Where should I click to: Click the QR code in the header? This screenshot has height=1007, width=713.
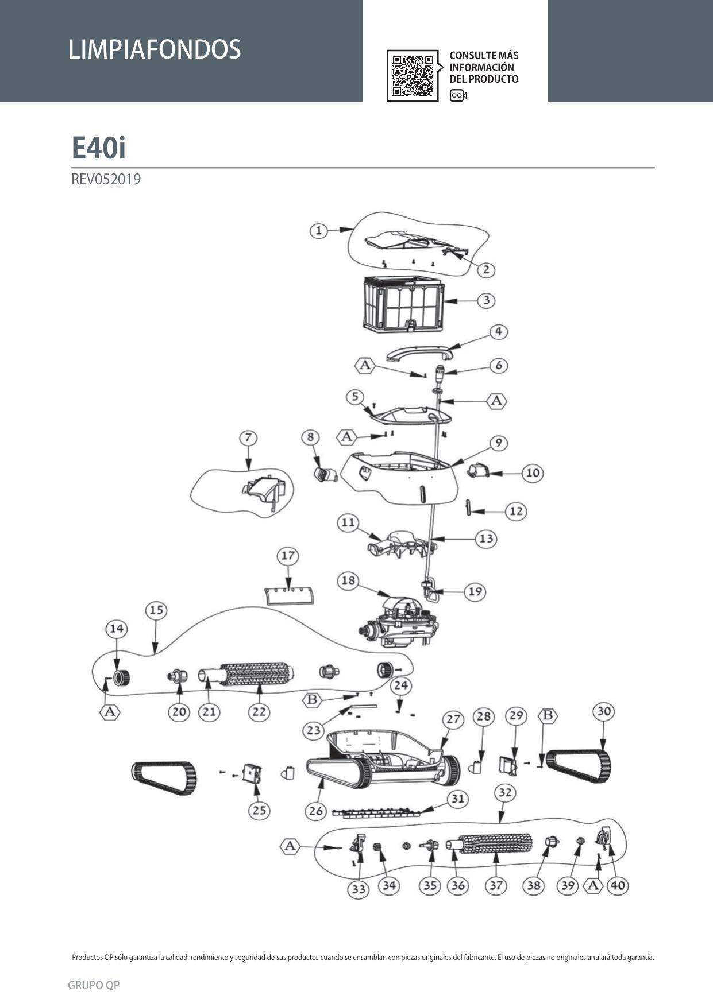pyautogui.click(x=412, y=75)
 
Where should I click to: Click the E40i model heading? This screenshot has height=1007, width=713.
pyautogui.click(x=98, y=148)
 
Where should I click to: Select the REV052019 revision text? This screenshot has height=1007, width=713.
pyautogui.click(x=106, y=179)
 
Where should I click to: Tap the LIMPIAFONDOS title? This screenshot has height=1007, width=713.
pyautogui.click(x=154, y=49)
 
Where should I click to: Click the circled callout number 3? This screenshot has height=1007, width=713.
pyautogui.click(x=486, y=300)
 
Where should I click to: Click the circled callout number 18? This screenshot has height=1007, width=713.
pyautogui.click(x=348, y=580)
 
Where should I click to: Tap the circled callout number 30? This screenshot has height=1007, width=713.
pyautogui.click(x=603, y=711)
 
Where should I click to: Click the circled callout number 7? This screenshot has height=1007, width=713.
pyautogui.click(x=248, y=438)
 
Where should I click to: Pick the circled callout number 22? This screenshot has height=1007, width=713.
pyautogui.click(x=259, y=712)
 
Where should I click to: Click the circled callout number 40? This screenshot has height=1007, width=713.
pyautogui.click(x=618, y=885)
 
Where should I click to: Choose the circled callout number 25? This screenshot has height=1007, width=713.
pyautogui.click(x=259, y=810)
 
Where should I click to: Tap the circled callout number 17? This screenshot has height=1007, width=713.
pyautogui.click(x=288, y=556)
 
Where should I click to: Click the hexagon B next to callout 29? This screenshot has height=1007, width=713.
pyautogui.click(x=548, y=715)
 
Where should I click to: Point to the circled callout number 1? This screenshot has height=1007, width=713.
pyautogui.click(x=319, y=231)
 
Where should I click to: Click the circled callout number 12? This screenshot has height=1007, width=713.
pyautogui.click(x=516, y=511)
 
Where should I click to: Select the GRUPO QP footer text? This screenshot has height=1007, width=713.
pyautogui.click(x=94, y=985)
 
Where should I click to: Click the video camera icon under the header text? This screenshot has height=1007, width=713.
pyautogui.click(x=458, y=95)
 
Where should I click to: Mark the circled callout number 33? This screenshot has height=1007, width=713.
pyautogui.click(x=359, y=889)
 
